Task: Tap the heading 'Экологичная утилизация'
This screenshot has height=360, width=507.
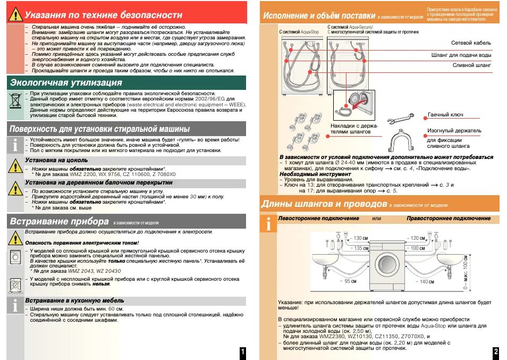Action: pos(66,82)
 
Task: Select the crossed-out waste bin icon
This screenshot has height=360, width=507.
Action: pos(14,101)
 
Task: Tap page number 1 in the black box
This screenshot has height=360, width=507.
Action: pos(242,352)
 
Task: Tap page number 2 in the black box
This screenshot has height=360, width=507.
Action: pos(495,352)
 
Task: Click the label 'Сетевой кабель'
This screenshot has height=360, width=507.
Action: pos(471,43)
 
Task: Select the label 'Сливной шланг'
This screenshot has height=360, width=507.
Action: pos(471,65)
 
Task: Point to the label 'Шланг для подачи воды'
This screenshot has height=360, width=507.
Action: pos(461,54)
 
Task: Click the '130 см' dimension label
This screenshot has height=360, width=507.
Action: pos(360,238)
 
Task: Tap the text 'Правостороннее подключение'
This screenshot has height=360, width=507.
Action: pos(449,219)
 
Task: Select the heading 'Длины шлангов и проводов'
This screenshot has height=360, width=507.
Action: pos(324,204)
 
